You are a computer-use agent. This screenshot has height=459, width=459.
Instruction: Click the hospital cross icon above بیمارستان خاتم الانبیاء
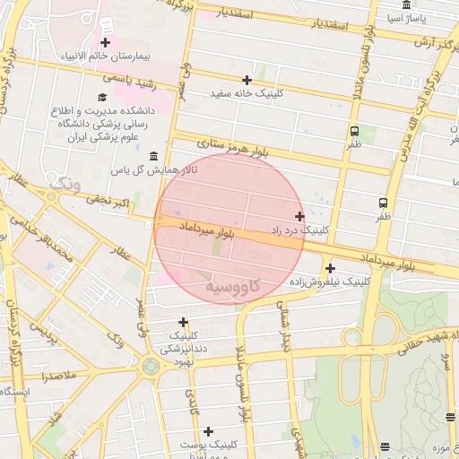106,42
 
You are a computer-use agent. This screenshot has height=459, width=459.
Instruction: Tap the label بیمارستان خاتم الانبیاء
106,56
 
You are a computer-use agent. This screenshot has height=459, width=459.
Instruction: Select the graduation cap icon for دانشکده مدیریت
101,97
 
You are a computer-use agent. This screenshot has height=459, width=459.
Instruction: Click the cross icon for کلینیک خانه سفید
247,80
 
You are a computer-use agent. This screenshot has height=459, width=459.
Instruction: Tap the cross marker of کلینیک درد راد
299,216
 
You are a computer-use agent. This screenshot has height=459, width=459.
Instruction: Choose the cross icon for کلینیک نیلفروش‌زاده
330,268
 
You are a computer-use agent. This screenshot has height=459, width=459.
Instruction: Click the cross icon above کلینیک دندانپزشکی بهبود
184,322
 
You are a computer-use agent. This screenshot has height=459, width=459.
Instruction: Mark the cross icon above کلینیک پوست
208,431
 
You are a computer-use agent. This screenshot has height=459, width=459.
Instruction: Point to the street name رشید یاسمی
130,81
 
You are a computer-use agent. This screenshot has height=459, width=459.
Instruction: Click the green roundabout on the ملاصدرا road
149,366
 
